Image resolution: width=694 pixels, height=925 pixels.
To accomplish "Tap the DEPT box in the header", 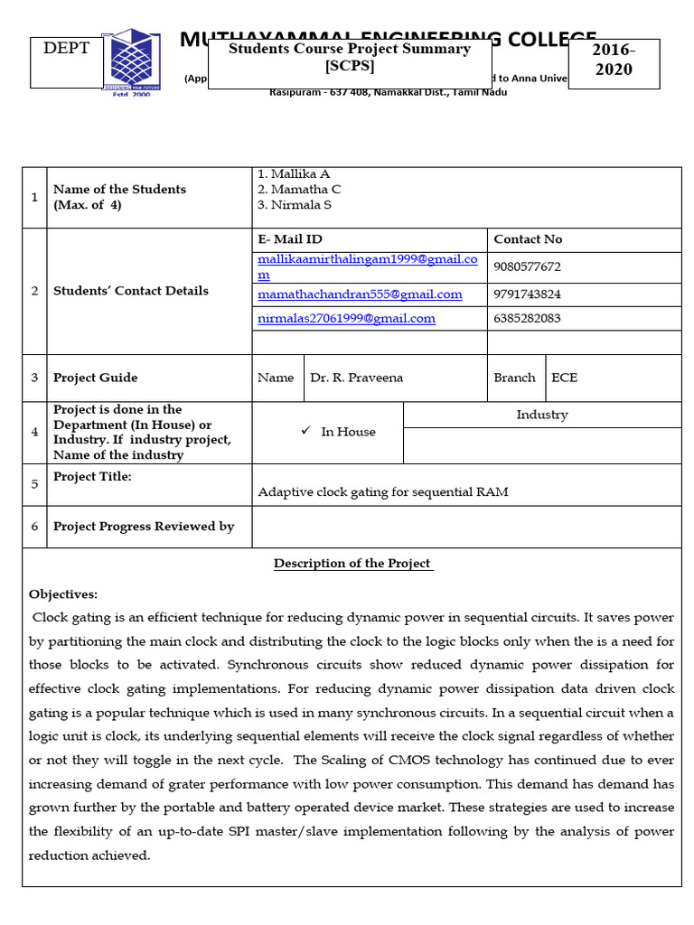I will (67, 49).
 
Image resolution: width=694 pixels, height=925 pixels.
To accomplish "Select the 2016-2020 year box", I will (614, 61).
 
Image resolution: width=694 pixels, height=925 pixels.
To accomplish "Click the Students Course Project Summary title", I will (349, 57).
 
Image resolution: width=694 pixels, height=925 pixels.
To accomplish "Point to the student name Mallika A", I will (287, 174).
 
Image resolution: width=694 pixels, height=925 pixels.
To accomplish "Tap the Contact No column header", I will (528, 239).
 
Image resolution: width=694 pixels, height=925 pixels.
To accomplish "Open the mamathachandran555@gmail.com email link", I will (360, 294).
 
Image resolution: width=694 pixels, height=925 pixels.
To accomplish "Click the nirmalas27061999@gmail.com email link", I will (346, 318).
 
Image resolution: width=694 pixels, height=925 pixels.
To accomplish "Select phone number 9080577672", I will (528, 267).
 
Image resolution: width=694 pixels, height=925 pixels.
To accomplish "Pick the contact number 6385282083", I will (528, 318).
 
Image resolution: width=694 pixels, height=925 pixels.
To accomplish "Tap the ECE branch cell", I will (564, 378).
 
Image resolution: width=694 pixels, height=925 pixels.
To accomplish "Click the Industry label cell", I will (542, 415).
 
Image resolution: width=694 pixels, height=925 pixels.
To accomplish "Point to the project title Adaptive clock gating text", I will (383, 492).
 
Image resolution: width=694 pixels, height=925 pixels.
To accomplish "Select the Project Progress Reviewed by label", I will (144, 527).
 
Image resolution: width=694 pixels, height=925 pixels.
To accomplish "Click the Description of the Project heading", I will (353, 564).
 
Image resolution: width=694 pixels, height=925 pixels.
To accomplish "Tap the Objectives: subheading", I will (63, 594).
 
